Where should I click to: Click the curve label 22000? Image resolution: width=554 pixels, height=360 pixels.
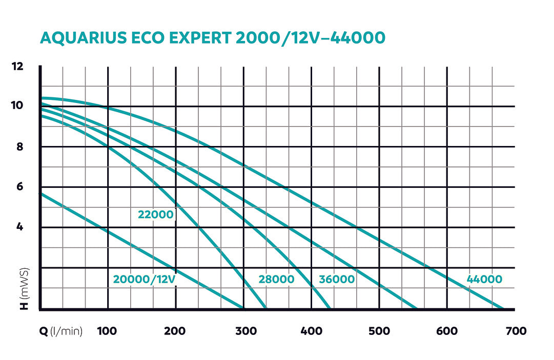point(156,215)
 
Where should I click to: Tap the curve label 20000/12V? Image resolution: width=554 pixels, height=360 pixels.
point(144,280)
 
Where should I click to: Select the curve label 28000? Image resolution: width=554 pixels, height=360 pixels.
point(276,280)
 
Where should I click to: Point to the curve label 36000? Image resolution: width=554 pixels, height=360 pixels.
point(337,280)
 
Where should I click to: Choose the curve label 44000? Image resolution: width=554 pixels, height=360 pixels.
point(484,280)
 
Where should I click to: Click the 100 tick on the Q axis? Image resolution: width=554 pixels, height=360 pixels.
point(107,331)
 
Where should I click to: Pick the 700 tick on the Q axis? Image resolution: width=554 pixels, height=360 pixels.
point(515,331)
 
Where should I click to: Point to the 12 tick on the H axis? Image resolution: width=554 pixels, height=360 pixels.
point(17,66)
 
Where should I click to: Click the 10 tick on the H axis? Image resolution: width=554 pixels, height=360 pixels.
point(17,106)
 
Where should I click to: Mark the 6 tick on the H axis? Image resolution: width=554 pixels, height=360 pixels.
point(19,187)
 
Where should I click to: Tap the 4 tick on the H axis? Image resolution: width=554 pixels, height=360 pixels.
point(19,227)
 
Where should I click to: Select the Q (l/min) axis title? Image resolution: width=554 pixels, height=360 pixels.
point(61,331)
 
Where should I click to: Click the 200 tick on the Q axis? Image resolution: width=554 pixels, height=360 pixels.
point(175,331)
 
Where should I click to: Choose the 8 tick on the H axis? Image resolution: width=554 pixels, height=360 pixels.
point(19,146)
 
